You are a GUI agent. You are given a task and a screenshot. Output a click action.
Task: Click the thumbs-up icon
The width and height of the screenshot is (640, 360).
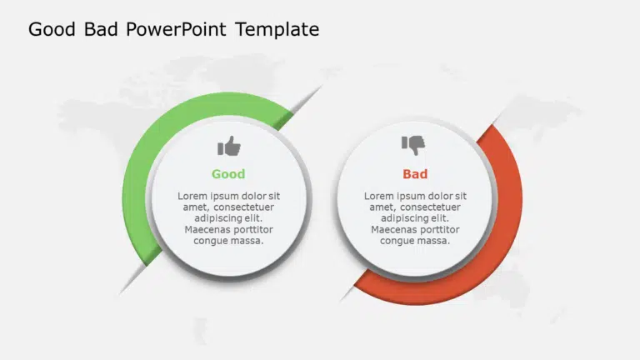coord(229,146)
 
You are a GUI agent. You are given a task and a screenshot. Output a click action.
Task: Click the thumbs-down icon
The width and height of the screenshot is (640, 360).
coord(413,145)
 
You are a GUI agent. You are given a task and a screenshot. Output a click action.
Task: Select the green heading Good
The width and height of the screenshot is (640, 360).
coord(228,174)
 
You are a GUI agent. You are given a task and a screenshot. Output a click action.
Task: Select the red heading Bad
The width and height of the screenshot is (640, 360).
coord(415,174)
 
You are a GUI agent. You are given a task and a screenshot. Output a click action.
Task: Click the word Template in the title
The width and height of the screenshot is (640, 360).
coord(277,29)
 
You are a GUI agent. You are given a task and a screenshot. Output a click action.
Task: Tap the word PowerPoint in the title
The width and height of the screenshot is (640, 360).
coord(176,29)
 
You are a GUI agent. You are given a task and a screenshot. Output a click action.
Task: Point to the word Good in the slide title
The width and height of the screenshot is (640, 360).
coord(52,29)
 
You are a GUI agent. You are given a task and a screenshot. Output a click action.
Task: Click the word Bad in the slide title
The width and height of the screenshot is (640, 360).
coord(101,29)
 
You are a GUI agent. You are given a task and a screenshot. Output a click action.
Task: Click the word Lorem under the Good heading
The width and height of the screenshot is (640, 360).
coord(191,196)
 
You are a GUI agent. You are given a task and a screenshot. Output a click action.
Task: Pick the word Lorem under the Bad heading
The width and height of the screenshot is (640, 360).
coord(377,196)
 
